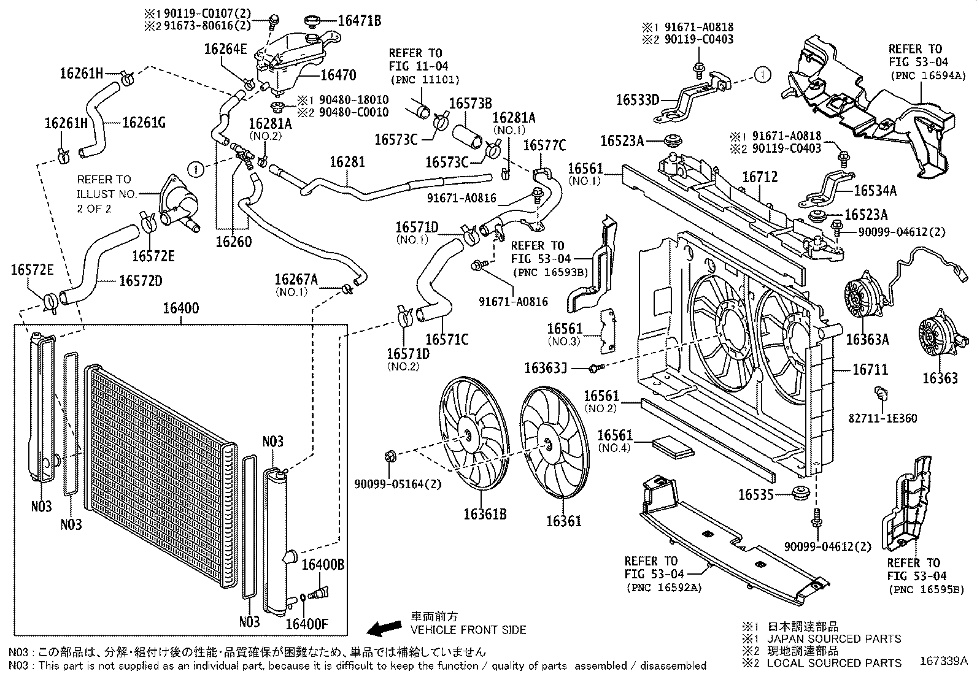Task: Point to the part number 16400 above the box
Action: tap(180, 308)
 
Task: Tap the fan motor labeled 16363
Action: tap(937, 337)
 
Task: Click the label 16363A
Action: tap(867, 340)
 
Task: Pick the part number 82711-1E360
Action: tap(882, 418)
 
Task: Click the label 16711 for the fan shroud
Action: tap(870, 370)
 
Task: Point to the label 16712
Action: tap(760, 177)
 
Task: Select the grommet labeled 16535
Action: tap(800, 492)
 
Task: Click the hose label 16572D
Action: tap(141, 280)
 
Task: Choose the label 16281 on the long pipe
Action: tap(347, 162)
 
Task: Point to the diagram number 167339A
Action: tap(943, 661)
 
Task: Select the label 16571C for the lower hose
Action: tap(446, 339)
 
